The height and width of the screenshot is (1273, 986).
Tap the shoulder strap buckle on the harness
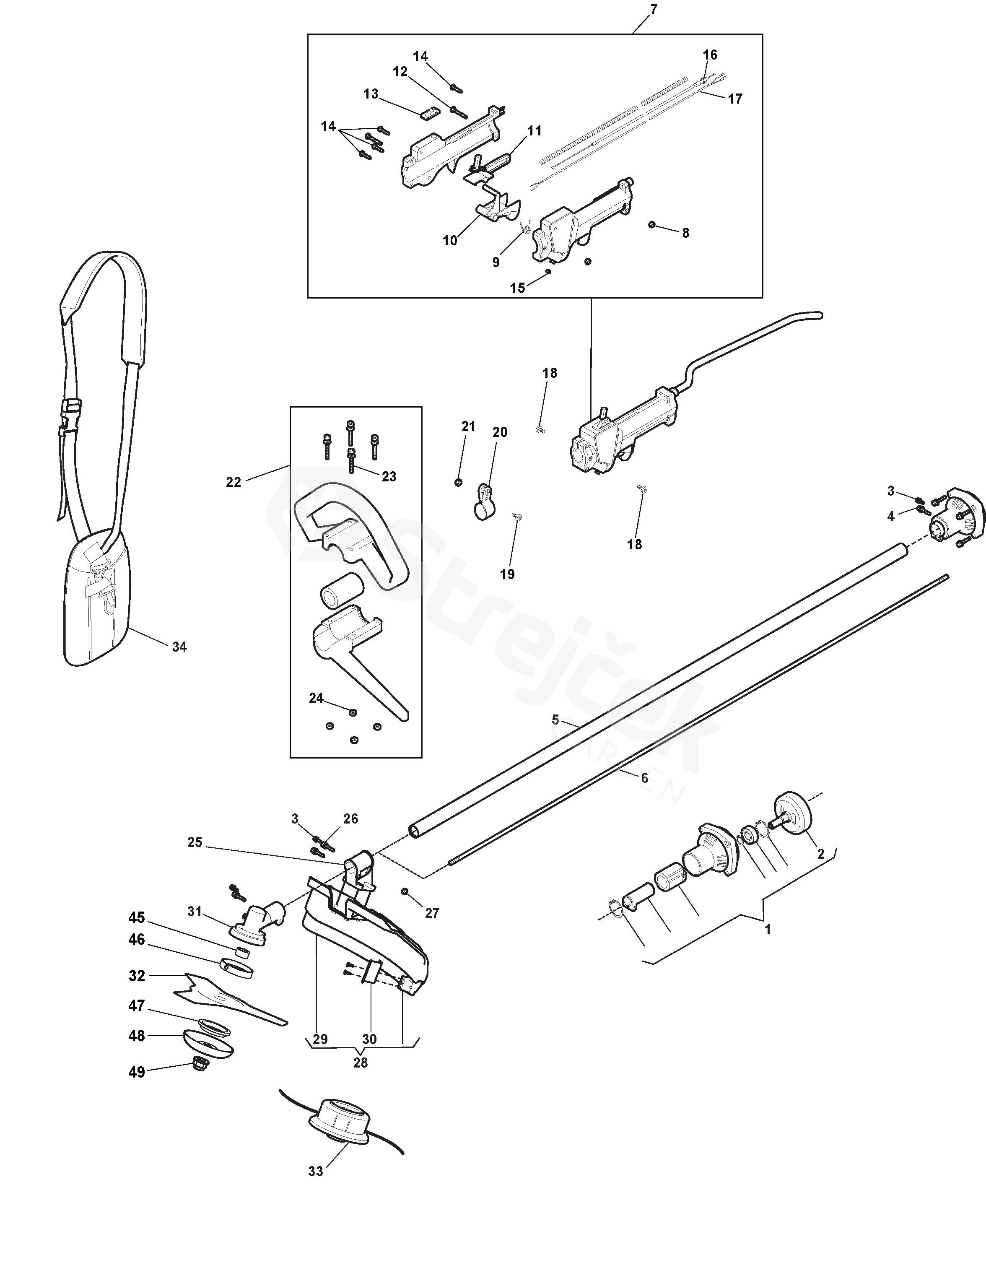tap(70, 418)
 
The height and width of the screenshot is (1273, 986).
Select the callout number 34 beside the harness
tap(179, 647)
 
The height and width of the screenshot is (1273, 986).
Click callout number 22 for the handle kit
tap(233, 483)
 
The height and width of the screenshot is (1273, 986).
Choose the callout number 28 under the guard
tap(361, 1063)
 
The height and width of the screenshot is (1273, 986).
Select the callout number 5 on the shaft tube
tap(555, 720)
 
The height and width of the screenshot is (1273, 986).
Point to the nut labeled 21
tap(458, 481)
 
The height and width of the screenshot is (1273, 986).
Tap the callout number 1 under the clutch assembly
tap(768, 930)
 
